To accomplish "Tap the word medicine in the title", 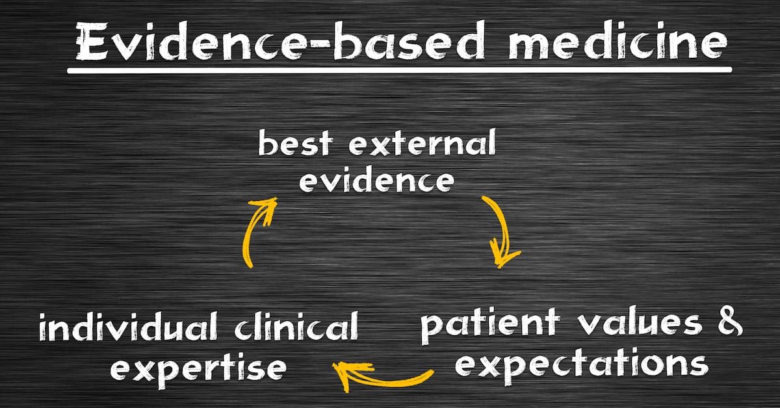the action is tap(617, 40).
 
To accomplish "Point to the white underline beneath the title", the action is tap(399, 70).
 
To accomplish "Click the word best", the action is tap(296, 143).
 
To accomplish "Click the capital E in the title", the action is tap(92, 40).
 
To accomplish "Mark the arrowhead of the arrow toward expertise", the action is tap(348, 374).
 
